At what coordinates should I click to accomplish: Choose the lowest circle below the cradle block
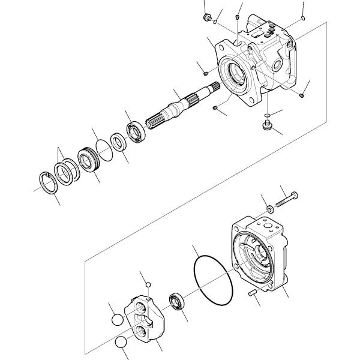[x=121, y=343]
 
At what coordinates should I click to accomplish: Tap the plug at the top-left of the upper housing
[x=207, y=17]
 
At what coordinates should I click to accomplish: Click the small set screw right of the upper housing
[x=302, y=93]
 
